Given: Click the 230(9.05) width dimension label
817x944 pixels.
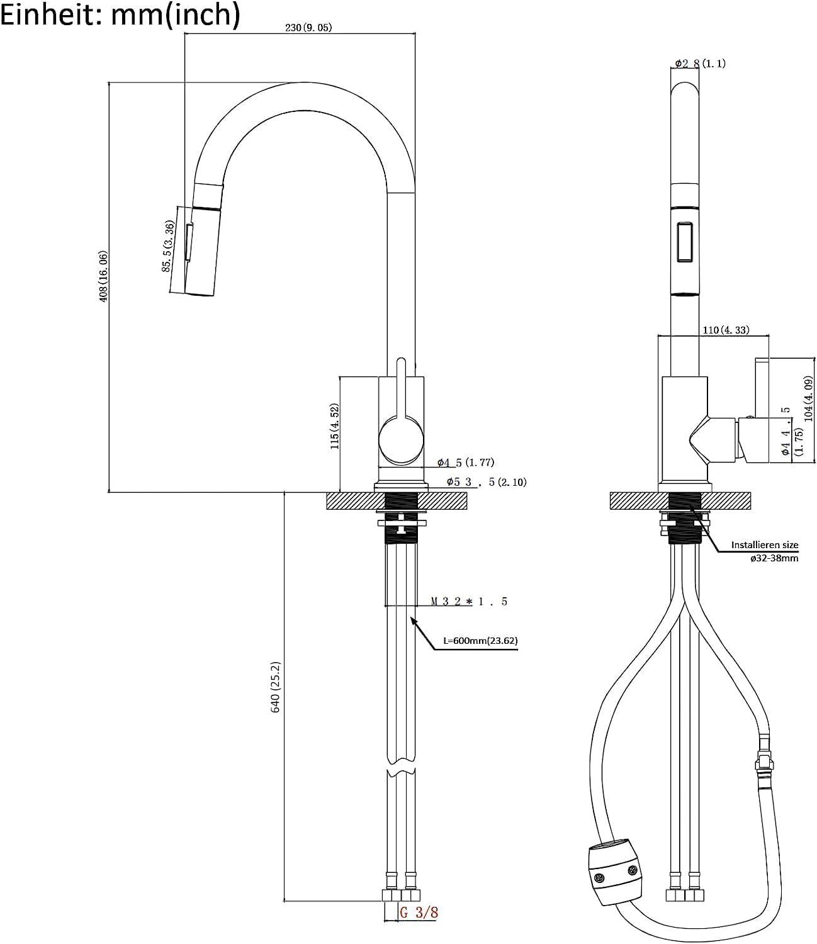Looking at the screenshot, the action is [308, 28].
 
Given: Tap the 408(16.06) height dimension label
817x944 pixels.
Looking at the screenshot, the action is [104, 276].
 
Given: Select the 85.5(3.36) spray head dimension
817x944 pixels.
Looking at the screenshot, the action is [168, 246].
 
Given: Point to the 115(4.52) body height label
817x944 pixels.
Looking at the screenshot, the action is [334, 426].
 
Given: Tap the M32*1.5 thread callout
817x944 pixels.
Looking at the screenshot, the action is [469, 602].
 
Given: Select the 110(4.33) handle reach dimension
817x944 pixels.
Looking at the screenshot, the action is [726, 330].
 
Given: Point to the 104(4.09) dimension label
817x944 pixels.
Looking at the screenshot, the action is [808, 398].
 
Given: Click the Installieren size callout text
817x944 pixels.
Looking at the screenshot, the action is [765, 544].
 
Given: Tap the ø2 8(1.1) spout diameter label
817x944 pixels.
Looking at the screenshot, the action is [700, 64].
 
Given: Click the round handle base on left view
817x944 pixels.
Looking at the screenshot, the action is [402, 441].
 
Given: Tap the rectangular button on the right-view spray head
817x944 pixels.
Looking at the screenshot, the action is [685, 242].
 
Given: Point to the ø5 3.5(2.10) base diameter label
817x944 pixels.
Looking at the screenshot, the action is [487, 482].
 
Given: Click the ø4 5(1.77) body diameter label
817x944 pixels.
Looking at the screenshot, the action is [466, 463].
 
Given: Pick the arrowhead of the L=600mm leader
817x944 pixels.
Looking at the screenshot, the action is [413, 620].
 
